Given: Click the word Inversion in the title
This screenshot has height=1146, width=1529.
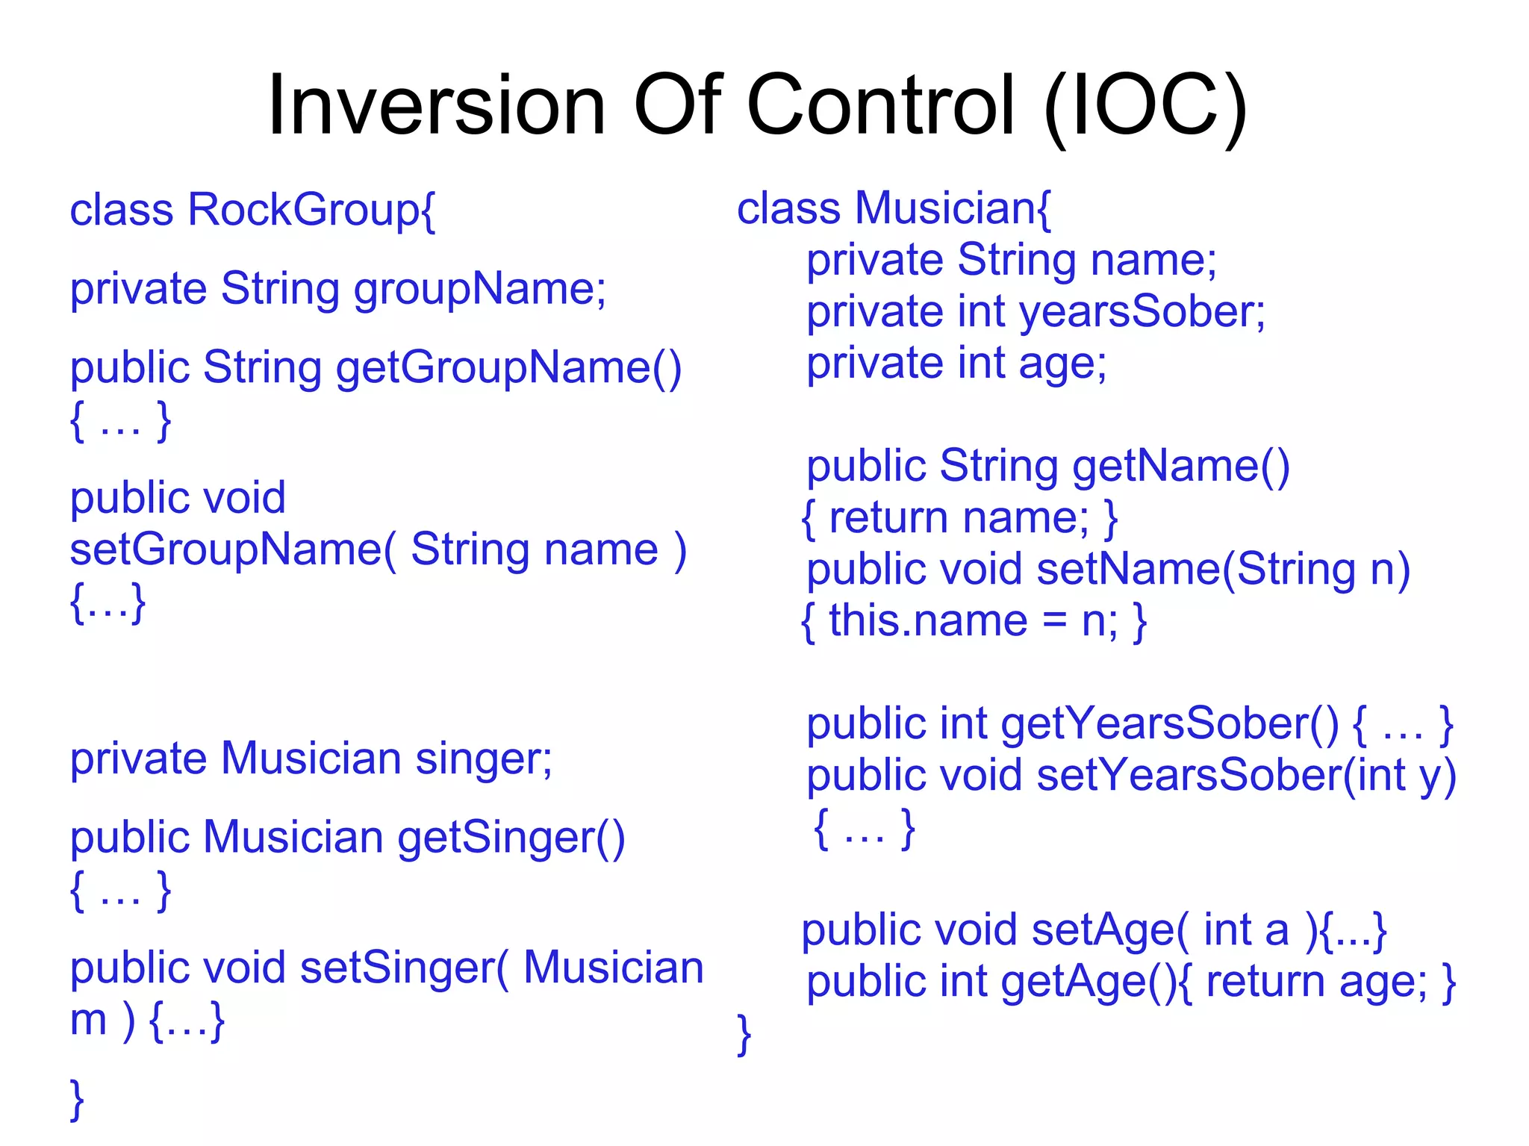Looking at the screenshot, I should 436,106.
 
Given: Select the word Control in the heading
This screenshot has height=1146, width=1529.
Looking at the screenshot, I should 880,106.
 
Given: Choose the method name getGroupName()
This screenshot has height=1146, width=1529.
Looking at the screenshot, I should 508,368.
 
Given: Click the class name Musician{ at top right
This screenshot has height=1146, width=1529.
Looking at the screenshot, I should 953,208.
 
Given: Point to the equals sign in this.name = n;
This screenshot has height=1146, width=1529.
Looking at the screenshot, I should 1054,621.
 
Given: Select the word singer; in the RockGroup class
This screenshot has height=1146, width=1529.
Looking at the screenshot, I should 484,759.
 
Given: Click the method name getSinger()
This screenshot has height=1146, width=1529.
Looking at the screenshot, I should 511,838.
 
